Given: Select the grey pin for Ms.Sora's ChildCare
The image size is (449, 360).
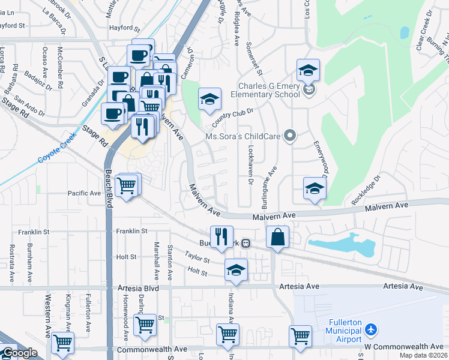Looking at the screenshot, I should pyautogui.click(x=290, y=136).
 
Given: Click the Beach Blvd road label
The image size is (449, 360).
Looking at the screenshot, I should pyautogui.click(x=110, y=187).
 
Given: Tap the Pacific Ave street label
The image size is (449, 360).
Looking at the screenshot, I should pyautogui.click(x=84, y=193).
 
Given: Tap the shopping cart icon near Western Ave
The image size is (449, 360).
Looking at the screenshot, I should pyautogui.click(x=62, y=342).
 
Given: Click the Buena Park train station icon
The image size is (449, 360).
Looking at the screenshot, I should pyautogui.click(x=246, y=244).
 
